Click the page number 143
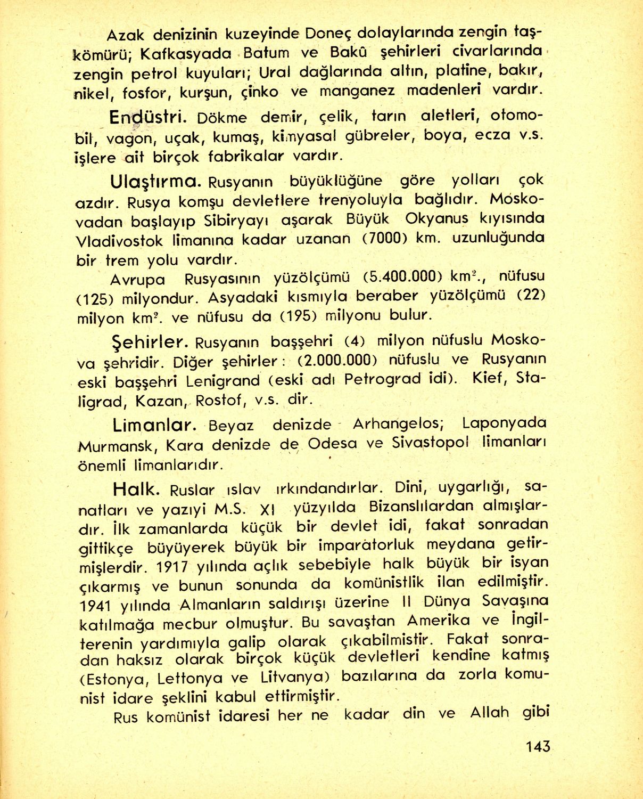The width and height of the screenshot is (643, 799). (x=537, y=746)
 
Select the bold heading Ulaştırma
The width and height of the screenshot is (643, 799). (x=155, y=182)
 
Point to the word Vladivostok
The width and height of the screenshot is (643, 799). (x=119, y=241)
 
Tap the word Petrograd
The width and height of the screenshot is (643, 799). (x=383, y=380)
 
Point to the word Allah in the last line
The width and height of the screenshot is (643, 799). (x=489, y=713)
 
